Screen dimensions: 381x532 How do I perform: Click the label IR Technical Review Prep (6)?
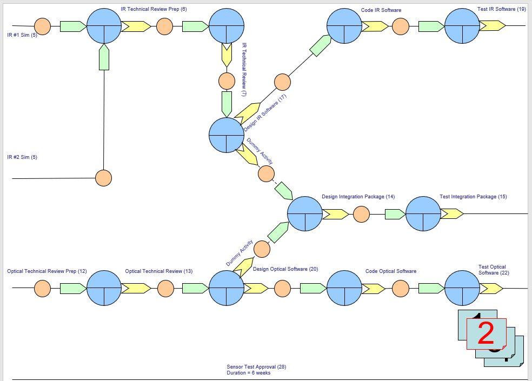tap(154, 9)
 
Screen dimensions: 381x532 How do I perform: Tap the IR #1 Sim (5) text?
tap(22, 35)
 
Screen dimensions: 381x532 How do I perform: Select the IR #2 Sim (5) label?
tap(22, 157)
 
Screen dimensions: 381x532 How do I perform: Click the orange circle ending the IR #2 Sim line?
tap(103, 178)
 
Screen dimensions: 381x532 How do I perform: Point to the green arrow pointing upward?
tap(104, 57)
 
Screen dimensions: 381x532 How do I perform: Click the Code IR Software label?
tap(381, 10)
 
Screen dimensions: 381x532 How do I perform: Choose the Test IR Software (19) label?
tap(501, 9)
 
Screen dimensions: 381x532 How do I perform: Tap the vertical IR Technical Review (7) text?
tap(244, 66)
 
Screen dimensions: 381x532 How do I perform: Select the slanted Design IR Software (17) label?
tap(265, 113)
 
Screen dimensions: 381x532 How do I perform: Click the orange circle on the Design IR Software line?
tap(282, 82)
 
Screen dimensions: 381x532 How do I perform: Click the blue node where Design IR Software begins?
tap(227, 135)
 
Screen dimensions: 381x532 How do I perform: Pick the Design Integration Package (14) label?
tap(358, 197)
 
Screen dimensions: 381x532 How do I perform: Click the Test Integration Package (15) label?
tap(473, 197)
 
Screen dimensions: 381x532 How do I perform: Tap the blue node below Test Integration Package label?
tap(423, 214)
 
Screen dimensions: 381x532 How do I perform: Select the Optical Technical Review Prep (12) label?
tap(47, 271)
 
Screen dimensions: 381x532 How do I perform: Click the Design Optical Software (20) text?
tap(285, 269)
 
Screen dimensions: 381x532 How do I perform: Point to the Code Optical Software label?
tap(391, 271)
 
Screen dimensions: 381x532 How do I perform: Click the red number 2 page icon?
tap(487, 333)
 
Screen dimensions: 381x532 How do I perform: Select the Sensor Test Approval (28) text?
tap(256, 367)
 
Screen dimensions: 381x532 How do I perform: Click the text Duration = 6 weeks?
tap(249, 373)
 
